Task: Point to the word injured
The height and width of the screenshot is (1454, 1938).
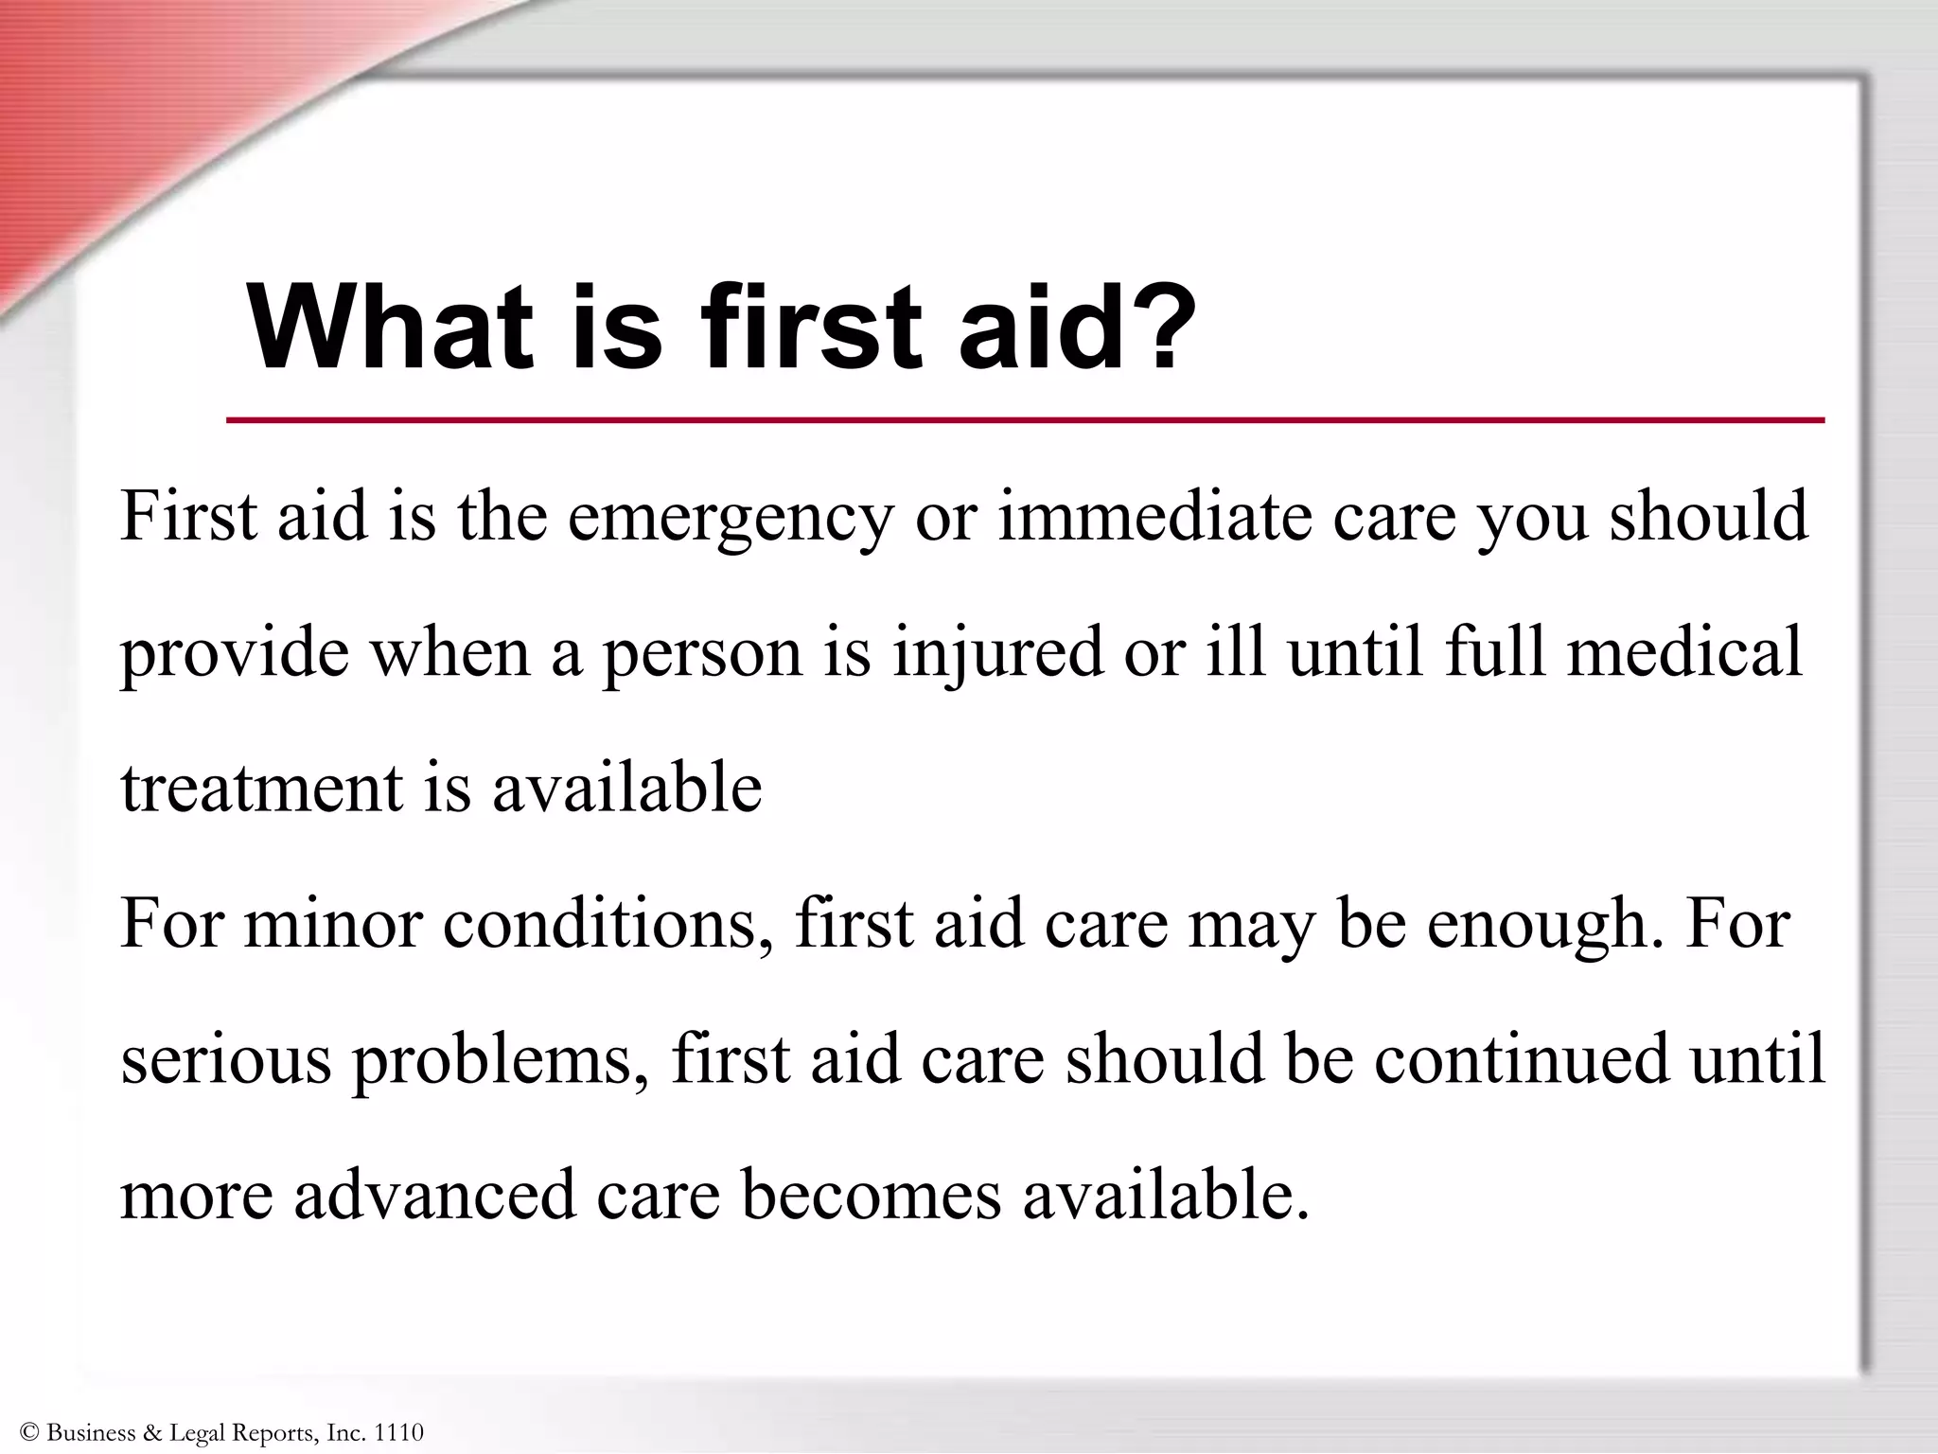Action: [x=997, y=653]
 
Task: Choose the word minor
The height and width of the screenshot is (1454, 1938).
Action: [x=332, y=924]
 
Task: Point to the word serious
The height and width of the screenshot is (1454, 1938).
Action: [x=226, y=1059]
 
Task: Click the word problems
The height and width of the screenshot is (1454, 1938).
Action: [x=493, y=1061]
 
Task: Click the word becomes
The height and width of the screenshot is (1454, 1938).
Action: [x=872, y=1195]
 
